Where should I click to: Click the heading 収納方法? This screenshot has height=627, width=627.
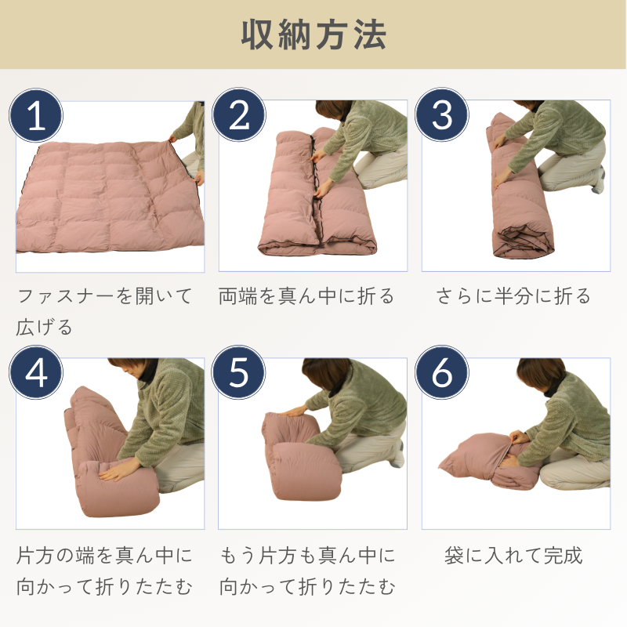click(313, 35)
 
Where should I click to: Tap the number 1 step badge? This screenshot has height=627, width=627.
click(36, 115)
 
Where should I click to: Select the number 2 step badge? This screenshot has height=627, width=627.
click(239, 114)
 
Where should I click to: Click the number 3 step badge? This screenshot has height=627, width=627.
click(442, 114)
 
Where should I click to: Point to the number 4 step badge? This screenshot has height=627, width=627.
click(36, 373)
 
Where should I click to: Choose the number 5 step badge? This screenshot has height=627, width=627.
click(239, 372)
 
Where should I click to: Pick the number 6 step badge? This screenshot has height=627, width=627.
click(442, 372)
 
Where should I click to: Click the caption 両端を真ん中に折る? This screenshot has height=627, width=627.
click(306, 296)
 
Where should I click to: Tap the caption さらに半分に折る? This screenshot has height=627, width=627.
click(513, 296)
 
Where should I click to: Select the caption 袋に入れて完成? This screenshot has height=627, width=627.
click(513, 556)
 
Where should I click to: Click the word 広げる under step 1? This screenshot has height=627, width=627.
click(44, 327)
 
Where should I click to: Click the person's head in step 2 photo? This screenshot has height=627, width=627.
click(335, 111)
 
